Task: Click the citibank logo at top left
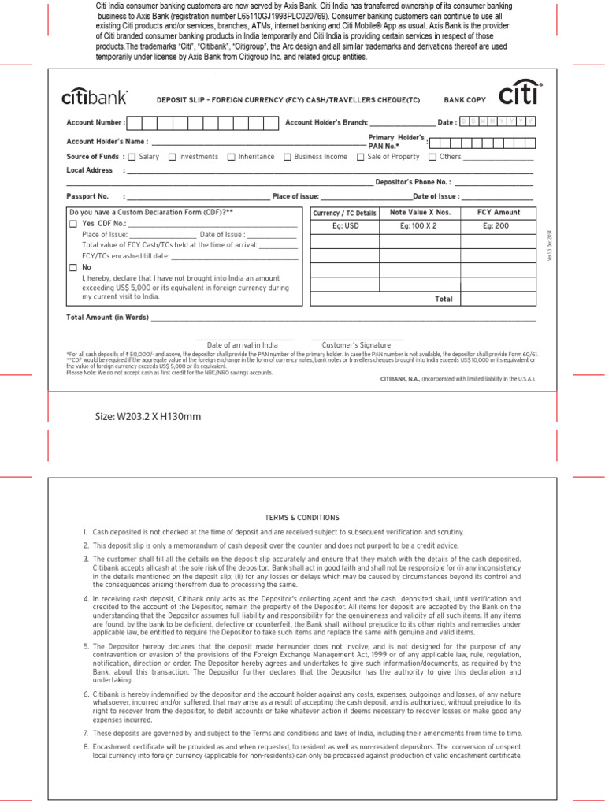95,99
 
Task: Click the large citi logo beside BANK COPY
521,94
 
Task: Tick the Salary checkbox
132,157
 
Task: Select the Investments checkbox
173,157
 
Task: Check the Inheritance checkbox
232,157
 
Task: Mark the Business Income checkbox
288,157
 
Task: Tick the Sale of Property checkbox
360,157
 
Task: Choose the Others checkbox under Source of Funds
432,157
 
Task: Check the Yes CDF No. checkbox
73,225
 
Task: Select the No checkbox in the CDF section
73,268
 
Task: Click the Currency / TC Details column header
345,213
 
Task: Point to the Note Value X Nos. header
420,213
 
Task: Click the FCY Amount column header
499,213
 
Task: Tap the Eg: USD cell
345,226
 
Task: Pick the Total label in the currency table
444,299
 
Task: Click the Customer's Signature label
356,345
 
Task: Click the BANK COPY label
465,100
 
